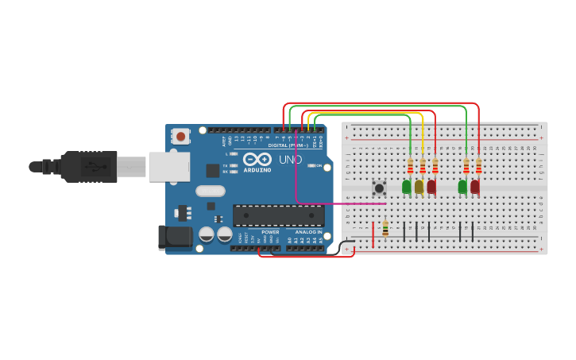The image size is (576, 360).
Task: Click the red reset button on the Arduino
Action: (x=181, y=137)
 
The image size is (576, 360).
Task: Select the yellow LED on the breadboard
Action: (x=419, y=187)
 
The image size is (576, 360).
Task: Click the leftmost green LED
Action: (x=407, y=187)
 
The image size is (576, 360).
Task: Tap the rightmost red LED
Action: (x=475, y=187)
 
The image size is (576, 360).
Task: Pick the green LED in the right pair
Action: (x=462, y=187)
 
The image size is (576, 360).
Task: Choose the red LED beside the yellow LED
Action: (x=431, y=187)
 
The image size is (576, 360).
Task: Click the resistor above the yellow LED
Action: (x=423, y=167)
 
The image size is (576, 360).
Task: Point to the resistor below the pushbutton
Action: (x=385, y=229)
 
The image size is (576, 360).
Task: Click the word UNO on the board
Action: (x=290, y=160)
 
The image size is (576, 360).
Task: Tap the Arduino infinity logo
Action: (x=257, y=159)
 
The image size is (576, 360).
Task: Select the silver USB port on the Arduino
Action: (x=169, y=167)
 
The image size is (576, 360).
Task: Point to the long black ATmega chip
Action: (x=278, y=215)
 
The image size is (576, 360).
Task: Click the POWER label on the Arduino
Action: (x=270, y=232)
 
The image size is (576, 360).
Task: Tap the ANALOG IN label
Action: (x=309, y=232)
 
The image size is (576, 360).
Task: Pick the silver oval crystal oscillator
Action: (x=211, y=191)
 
